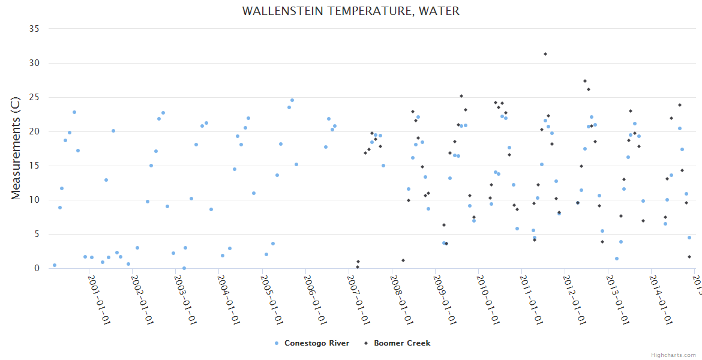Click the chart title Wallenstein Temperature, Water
(x=351, y=11)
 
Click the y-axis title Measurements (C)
(x=16, y=148)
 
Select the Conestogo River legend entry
(x=312, y=343)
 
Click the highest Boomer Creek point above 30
(x=545, y=54)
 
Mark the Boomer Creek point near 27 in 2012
(x=584, y=81)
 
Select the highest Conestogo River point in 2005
(x=292, y=100)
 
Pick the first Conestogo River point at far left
(x=55, y=265)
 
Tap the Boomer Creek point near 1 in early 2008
(x=403, y=260)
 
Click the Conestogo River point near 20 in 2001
(x=113, y=131)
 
